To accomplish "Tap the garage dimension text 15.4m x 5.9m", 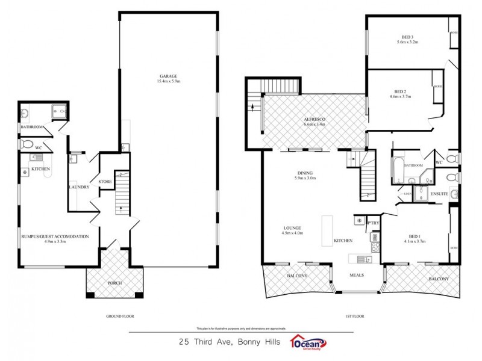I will [167, 81].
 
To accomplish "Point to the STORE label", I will [105, 181].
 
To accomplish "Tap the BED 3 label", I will [407, 36].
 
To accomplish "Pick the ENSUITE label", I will [439, 194].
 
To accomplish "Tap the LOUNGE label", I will [292, 228].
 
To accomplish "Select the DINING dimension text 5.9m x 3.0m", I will [305, 178].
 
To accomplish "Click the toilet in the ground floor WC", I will [28, 145].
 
